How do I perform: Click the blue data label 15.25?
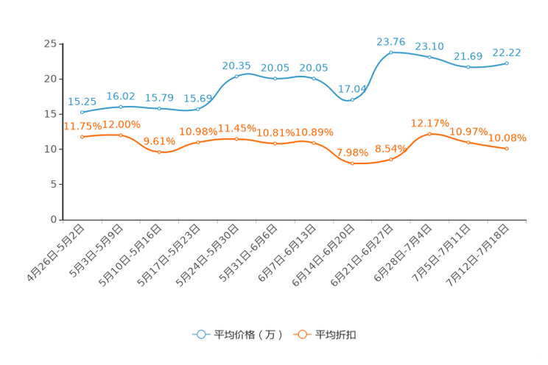point(82,102)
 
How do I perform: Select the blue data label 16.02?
point(120,96)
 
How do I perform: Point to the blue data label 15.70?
point(159,99)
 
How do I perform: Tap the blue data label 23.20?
point(429,46)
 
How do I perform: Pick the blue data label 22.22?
point(507,52)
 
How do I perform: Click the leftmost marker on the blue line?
point(82,113)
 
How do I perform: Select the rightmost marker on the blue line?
point(507,63)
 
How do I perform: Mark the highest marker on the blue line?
point(391,52)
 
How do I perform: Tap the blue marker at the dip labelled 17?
point(352,100)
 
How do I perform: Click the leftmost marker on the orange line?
point(82,137)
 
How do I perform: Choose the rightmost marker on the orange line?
point(507,149)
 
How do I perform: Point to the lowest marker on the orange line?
point(352,163)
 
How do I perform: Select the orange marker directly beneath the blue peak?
point(391,159)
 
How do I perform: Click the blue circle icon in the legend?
point(200,334)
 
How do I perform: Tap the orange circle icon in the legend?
point(301,334)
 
